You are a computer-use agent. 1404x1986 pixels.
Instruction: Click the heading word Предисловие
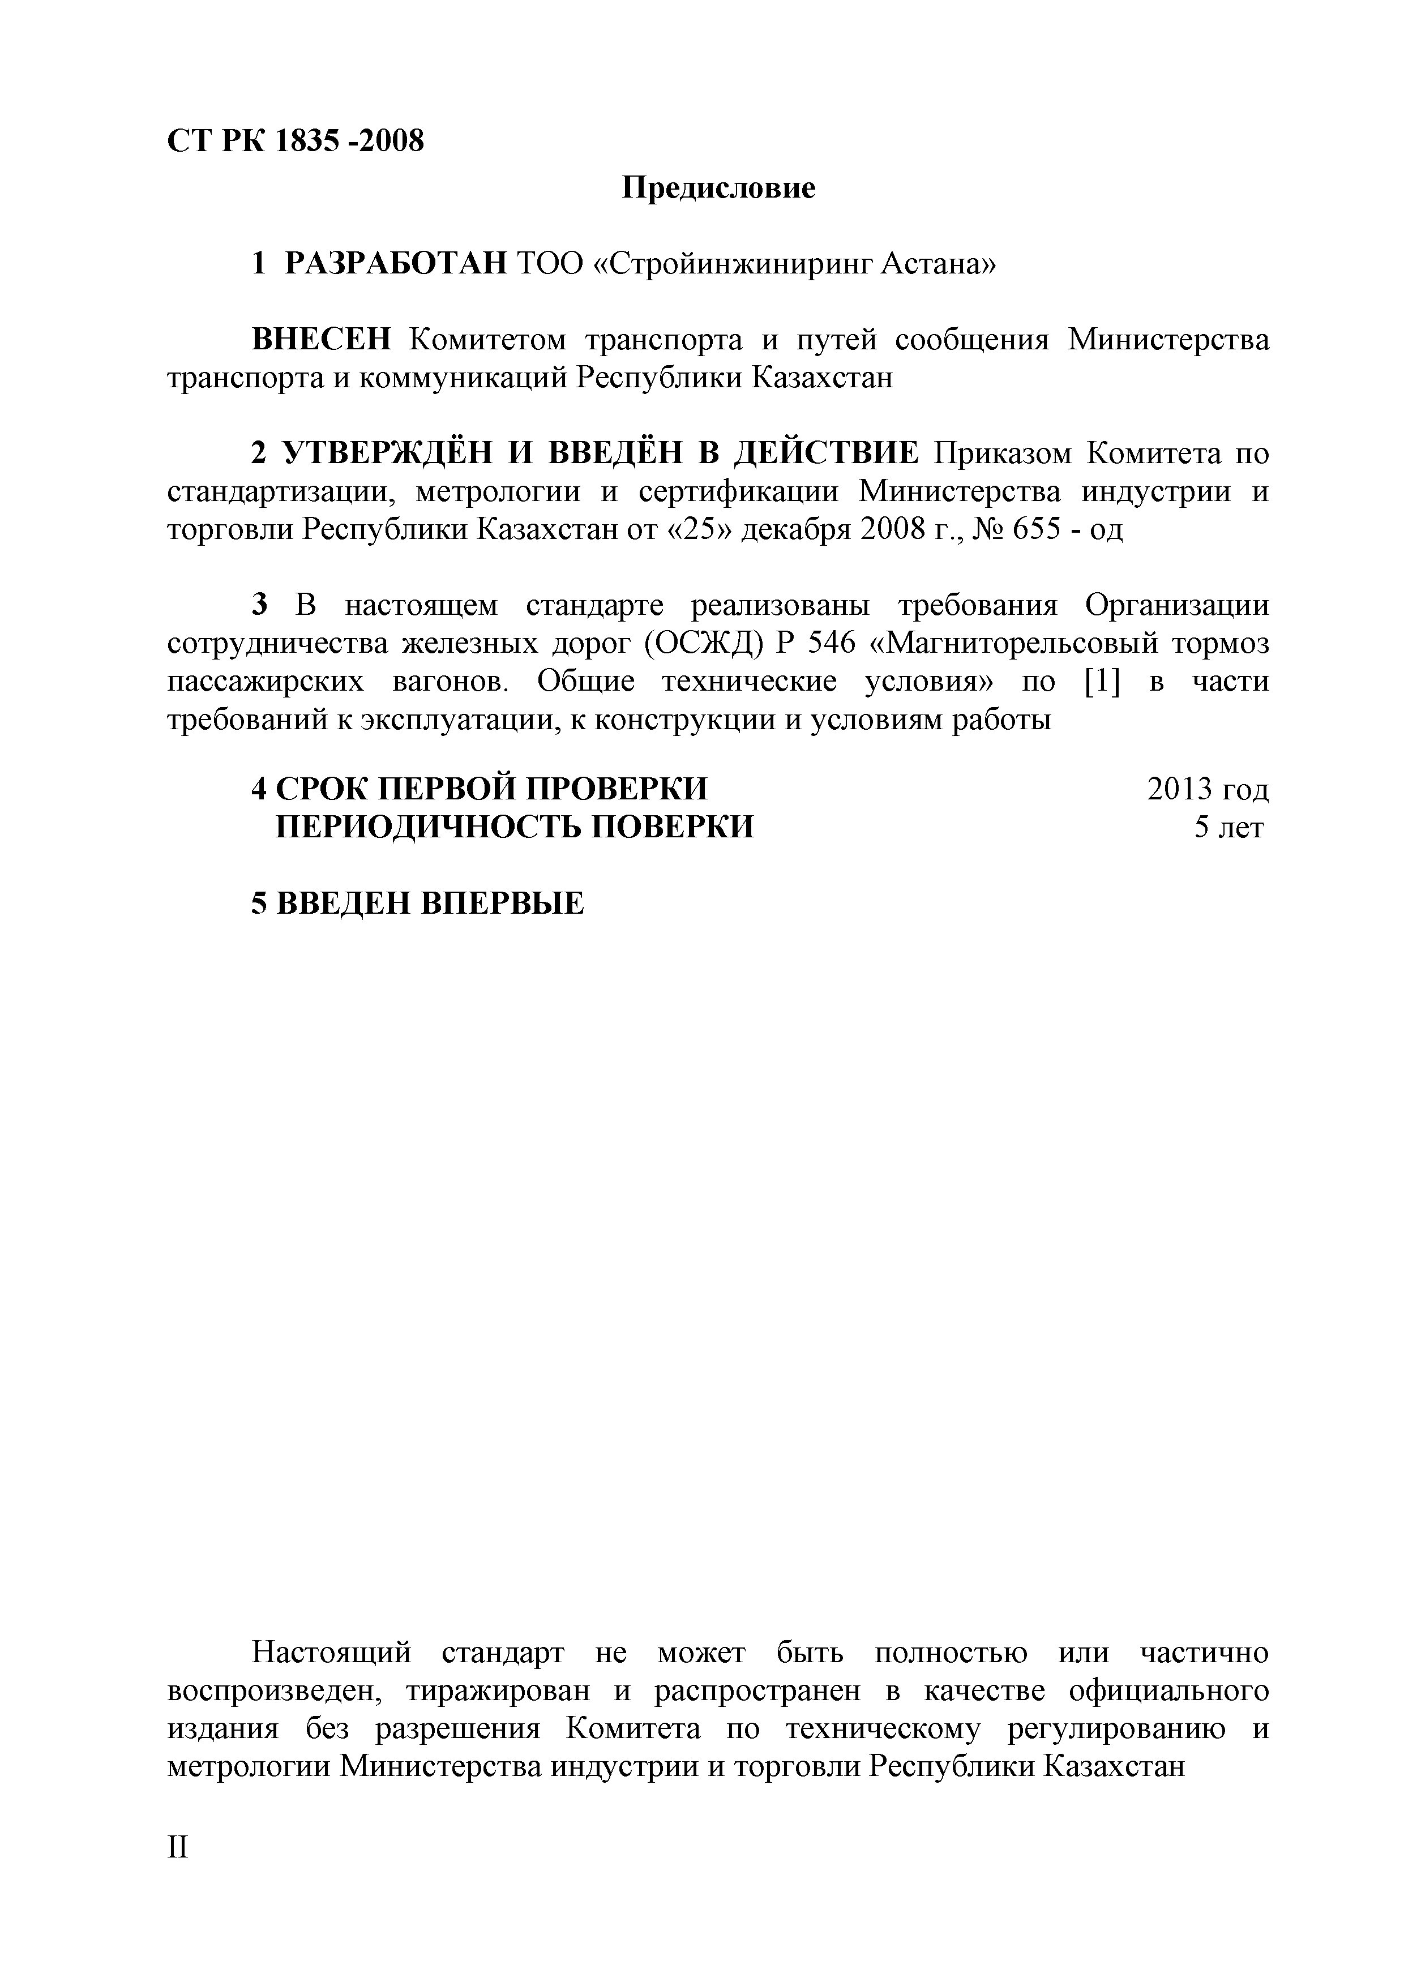pos(718,188)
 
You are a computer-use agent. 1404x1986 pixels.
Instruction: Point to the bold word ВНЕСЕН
pos(321,340)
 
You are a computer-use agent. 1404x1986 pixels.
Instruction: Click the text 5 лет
pos(1228,828)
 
